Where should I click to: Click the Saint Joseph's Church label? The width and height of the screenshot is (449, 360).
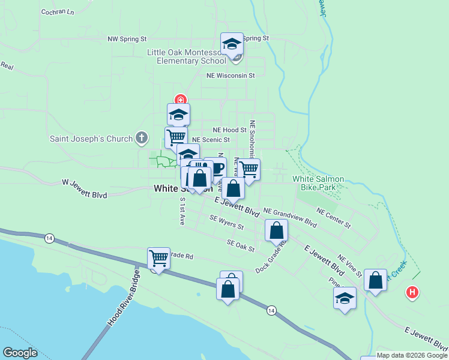(91, 139)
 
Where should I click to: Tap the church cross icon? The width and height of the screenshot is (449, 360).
(142, 139)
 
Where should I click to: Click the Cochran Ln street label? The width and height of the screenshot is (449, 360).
(58, 12)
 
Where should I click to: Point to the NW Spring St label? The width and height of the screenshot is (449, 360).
(127, 39)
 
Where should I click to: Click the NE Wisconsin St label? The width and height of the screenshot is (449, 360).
(231, 76)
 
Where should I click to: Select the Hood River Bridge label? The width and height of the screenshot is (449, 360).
(123, 299)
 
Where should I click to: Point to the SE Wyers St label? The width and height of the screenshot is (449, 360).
(226, 223)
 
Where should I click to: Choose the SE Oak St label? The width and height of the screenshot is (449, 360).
(241, 245)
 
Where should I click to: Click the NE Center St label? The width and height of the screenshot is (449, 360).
(333, 218)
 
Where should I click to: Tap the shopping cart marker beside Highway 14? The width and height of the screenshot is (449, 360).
(158, 259)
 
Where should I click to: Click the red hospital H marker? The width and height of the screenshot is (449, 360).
(412, 293)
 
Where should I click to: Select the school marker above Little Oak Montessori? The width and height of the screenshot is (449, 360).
(232, 44)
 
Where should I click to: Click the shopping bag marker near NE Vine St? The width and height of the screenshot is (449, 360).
(375, 280)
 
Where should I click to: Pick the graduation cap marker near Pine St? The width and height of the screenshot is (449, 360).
(345, 298)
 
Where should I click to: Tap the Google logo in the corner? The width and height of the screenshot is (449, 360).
(20, 353)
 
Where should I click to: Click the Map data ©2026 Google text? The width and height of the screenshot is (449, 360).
(412, 356)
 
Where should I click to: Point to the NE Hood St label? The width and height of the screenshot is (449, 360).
(229, 130)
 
